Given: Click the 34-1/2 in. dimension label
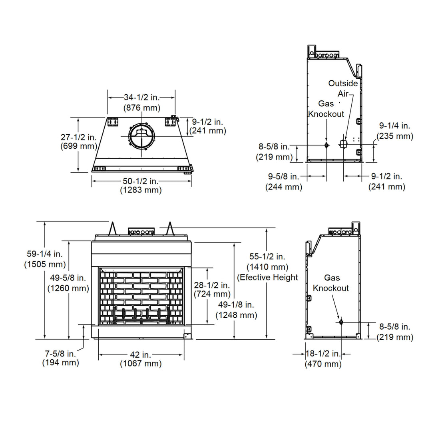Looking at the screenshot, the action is click(x=141, y=98).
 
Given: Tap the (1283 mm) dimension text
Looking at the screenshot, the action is click(x=141, y=190).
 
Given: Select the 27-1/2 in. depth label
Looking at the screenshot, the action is click(x=78, y=137).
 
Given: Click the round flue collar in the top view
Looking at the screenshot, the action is click(x=141, y=136).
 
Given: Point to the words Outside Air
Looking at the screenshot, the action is click(x=343, y=88).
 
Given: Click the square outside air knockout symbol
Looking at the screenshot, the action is click(x=343, y=144).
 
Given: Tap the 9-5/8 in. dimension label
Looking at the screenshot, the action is click(x=283, y=177).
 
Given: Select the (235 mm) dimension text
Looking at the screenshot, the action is click(x=395, y=136).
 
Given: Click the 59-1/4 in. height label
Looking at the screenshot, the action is click(x=45, y=254).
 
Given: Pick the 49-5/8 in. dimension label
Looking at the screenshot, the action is click(x=68, y=278).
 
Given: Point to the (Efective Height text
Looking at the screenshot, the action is click(x=268, y=277).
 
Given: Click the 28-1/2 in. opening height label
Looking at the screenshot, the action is click(x=212, y=285).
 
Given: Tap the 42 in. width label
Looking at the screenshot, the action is click(x=141, y=355).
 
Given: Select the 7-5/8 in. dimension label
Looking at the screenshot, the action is click(x=60, y=354).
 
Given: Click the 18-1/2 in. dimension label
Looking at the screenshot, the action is click(x=323, y=354).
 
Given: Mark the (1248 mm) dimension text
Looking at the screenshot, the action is click(x=236, y=315).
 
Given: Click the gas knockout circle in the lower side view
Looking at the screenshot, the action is click(x=340, y=323).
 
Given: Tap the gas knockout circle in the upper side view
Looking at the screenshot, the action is click(x=327, y=145).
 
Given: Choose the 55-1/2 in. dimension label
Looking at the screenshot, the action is click(x=267, y=257).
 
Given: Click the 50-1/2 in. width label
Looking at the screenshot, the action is click(x=141, y=181).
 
